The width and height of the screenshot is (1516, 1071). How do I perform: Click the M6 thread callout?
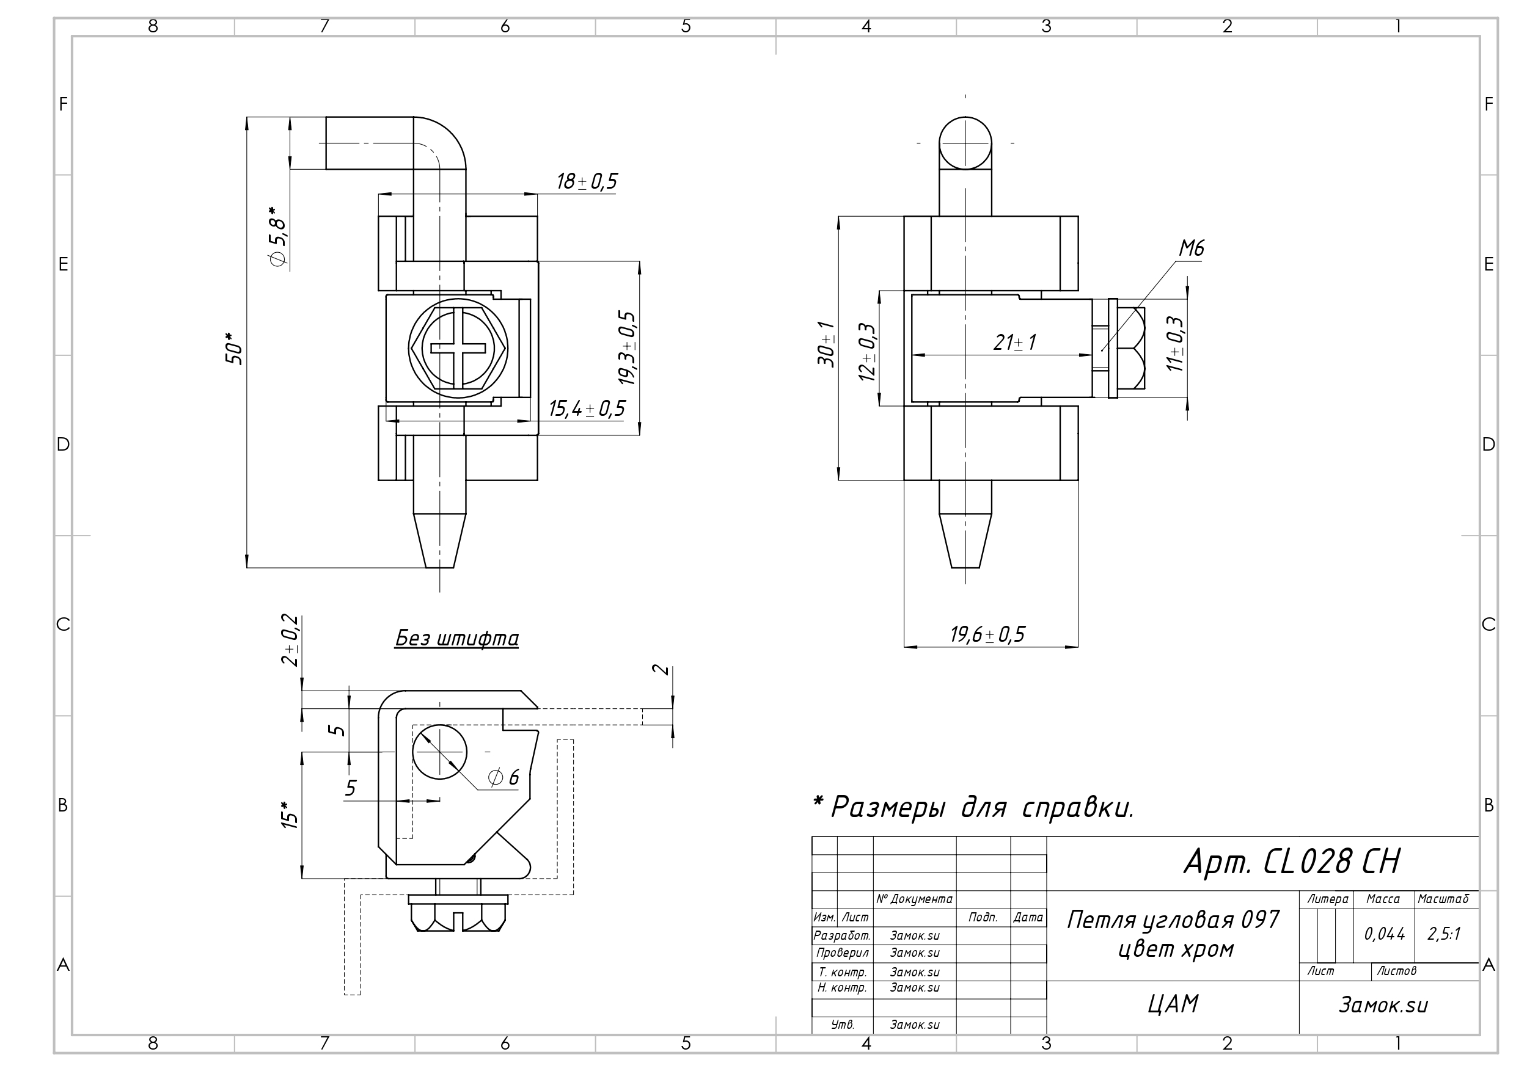pos(1191,249)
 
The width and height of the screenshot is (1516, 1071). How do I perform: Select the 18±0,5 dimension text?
pos(587,181)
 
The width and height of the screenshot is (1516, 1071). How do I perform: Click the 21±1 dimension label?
pos(1014,343)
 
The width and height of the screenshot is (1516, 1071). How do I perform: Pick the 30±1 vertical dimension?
pos(826,344)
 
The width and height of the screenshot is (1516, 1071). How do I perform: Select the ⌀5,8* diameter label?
pos(279,236)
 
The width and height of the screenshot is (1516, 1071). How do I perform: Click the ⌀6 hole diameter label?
pos(503,777)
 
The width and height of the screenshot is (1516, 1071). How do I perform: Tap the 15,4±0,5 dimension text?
pos(587,409)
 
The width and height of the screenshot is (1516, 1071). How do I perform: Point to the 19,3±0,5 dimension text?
pos(628,348)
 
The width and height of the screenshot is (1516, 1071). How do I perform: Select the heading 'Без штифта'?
pos(456,639)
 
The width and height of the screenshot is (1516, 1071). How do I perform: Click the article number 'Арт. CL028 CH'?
pos(1291,862)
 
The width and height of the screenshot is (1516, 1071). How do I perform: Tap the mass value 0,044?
pos(1385,934)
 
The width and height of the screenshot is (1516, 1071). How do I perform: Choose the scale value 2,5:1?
pos(1444,934)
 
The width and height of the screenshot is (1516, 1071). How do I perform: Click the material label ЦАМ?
pos(1173,1004)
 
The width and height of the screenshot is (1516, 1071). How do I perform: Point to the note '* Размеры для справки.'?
pos(973,807)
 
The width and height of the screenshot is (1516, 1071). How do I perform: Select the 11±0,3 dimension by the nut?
pos(1174,344)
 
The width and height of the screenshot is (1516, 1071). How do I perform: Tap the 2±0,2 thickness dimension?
pos(290,640)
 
